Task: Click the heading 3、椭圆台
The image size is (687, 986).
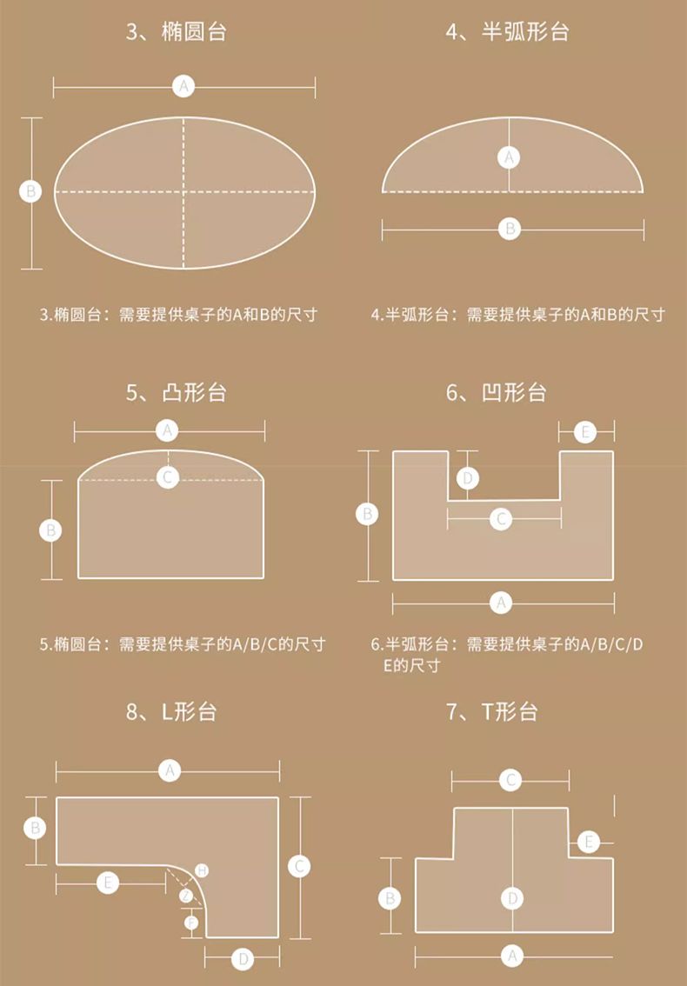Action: [176, 32]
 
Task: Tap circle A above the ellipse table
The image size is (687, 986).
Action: [183, 86]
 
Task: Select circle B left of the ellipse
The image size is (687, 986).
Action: [30, 190]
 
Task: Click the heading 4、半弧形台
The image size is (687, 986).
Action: [507, 32]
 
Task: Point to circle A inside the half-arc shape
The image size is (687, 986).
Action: [509, 157]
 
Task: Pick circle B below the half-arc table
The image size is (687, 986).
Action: [510, 229]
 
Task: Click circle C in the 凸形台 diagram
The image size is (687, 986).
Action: [167, 478]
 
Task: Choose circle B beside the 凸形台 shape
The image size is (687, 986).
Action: [51, 530]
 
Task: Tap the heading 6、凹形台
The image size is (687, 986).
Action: [497, 392]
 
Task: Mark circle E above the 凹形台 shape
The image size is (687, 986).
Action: [586, 432]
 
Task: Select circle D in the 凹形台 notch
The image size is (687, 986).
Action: [468, 479]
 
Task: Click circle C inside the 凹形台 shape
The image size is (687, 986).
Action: [502, 519]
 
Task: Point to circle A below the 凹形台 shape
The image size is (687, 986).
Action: [502, 603]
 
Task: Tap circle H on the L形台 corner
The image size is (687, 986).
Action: [202, 870]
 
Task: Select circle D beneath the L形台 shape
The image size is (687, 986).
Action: [243, 960]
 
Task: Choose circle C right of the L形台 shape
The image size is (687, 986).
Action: [299, 867]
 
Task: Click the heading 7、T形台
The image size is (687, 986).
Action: [491, 712]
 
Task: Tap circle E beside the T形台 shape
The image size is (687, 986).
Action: [589, 842]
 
